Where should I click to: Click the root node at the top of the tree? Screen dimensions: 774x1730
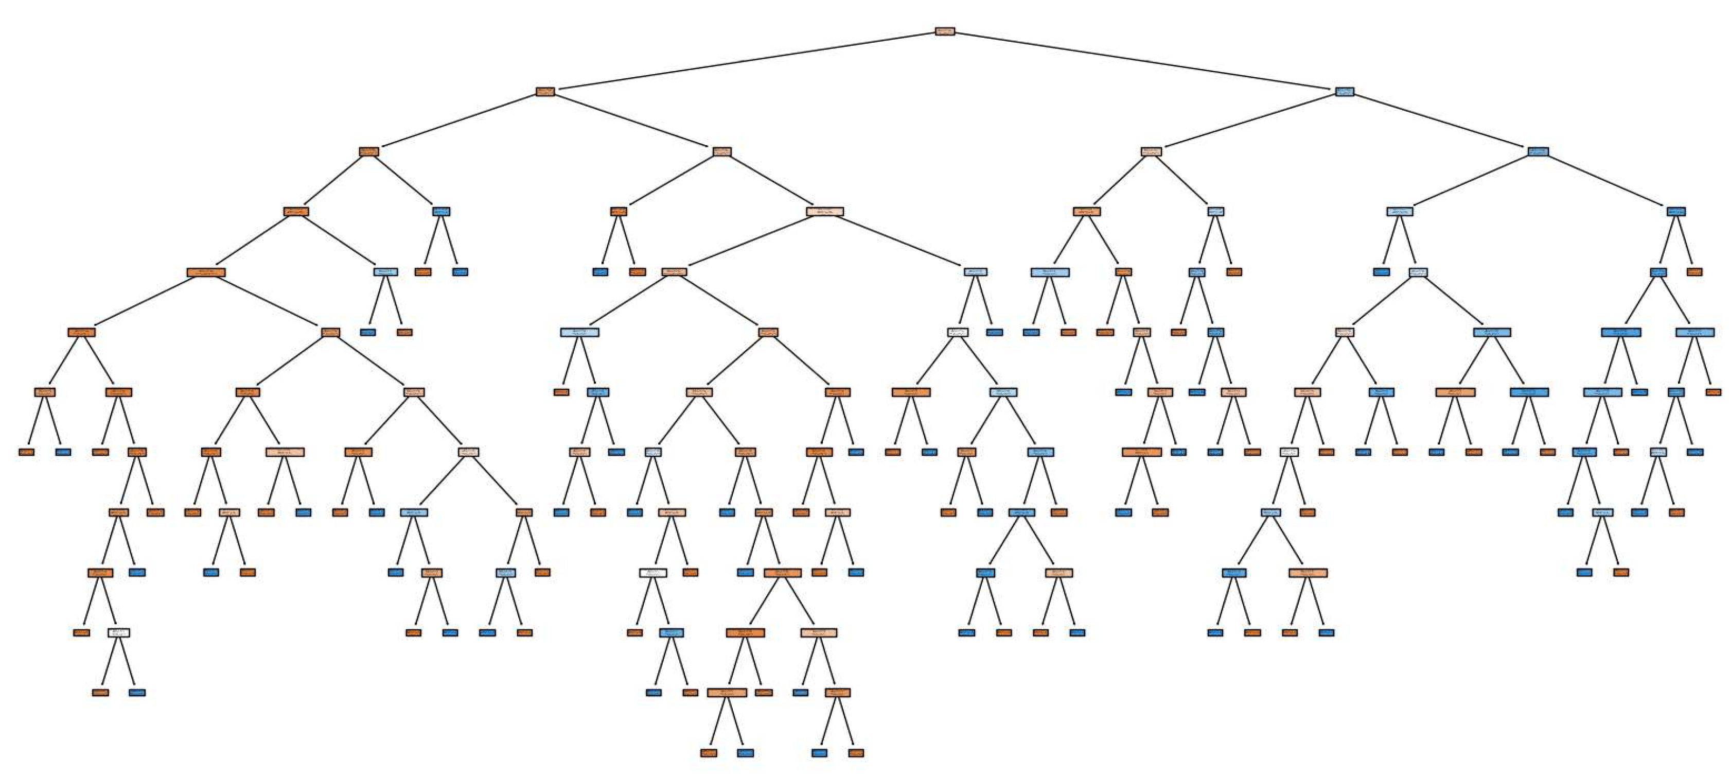[x=944, y=31]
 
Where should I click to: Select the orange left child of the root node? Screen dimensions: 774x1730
[x=545, y=91]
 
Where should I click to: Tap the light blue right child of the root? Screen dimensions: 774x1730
[x=1344, y=91]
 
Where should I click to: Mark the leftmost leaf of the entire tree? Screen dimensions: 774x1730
[x=26, y=452]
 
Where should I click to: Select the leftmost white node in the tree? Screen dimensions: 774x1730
[x=119, y=633]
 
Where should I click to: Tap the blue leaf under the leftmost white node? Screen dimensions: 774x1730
[x=137, y=693]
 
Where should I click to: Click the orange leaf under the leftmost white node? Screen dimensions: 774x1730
[x=100, y=693]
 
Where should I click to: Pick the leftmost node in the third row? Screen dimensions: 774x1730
[x=369, y=152]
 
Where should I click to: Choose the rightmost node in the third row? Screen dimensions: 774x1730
[x=1538, y=152]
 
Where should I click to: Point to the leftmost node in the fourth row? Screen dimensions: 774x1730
[x=295, y=212]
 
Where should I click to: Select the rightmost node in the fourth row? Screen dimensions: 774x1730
[x=1676, y=212]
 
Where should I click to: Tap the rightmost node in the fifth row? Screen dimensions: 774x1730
[x=1694, y=272]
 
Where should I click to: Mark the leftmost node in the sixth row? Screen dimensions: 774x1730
[x=81, y=332]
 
